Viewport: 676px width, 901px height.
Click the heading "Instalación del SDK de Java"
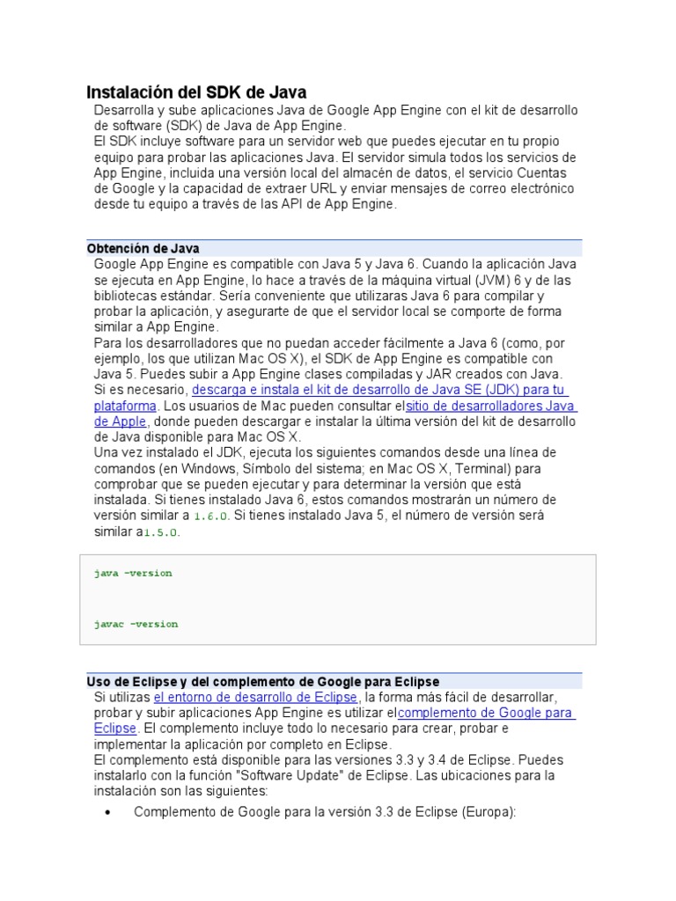click(195, 92)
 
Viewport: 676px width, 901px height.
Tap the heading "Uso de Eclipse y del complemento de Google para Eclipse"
click(262, 682)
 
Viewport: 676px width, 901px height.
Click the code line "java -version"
click(133, 573)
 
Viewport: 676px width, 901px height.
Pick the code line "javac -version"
click(136, 624)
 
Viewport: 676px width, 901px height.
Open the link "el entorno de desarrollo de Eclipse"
click(255, 698)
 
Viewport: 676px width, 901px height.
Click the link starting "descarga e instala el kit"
click(379, 390)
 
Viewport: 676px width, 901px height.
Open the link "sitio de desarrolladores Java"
click(490, 406)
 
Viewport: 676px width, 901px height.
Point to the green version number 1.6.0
click(211, 516)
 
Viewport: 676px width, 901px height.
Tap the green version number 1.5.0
click(161, 532)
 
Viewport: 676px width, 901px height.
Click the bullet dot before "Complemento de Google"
click(108, 812)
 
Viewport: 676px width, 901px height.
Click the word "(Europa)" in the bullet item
click(488, 812)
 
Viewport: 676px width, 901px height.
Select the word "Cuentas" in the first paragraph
click(548, 172)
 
